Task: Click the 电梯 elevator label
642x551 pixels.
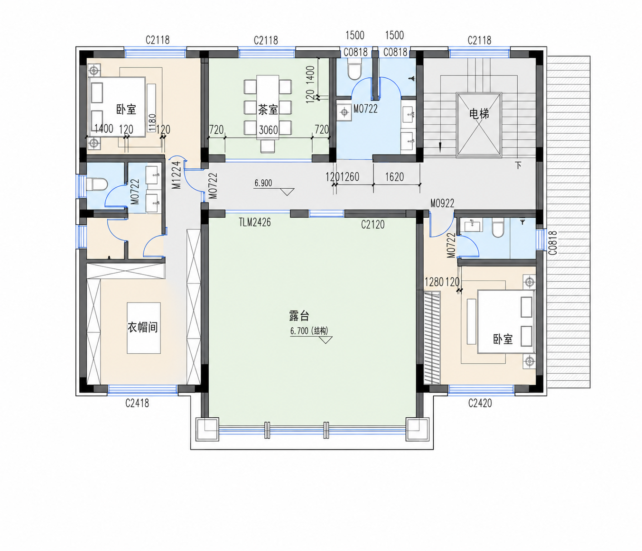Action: (x=479, y=114)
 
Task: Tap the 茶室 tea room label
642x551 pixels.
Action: (x=268, y=110)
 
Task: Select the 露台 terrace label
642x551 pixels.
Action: (x=299, y=316)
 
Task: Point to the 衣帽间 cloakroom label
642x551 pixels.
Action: (x=142, y=327)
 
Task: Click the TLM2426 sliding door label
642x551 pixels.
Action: (x=255, y=222)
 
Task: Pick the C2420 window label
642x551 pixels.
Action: (x=480, y=403)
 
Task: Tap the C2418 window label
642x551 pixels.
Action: (x=137, y=403)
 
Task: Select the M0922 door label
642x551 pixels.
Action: (x=442, y=203)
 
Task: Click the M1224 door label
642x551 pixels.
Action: (x=176, y=175)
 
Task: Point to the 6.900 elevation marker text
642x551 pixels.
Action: (x=263, y=183)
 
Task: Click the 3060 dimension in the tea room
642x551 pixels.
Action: (x=269, y=130)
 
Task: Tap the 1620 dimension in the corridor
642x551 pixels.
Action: (x=394, y=177)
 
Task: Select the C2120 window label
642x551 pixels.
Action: (x=372, y=224)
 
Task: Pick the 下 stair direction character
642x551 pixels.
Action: (x=518, y=165)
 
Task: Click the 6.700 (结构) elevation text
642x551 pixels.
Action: (x=309, y=331)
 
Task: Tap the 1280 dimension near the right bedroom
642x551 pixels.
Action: (x=434, y=282)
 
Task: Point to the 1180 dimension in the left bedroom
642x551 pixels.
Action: (x=152, y=123)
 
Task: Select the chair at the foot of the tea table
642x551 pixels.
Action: (x=268, y=146)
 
